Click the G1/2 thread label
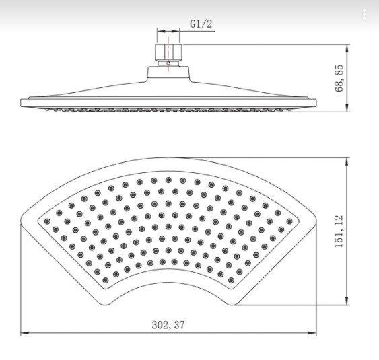[x=201, y=24]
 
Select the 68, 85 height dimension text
[x=339, y=78]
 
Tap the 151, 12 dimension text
[x=339, y=231]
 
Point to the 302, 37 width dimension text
[x=168, y=325]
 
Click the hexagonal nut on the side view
[x=168, y=52]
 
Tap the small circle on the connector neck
[x=168, y=63]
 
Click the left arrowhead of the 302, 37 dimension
[x=25, y=333]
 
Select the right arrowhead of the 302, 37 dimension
[x=312, y=333]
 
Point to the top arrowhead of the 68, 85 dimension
[x=347, y=49]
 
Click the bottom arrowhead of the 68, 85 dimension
[x=347, y=107]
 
